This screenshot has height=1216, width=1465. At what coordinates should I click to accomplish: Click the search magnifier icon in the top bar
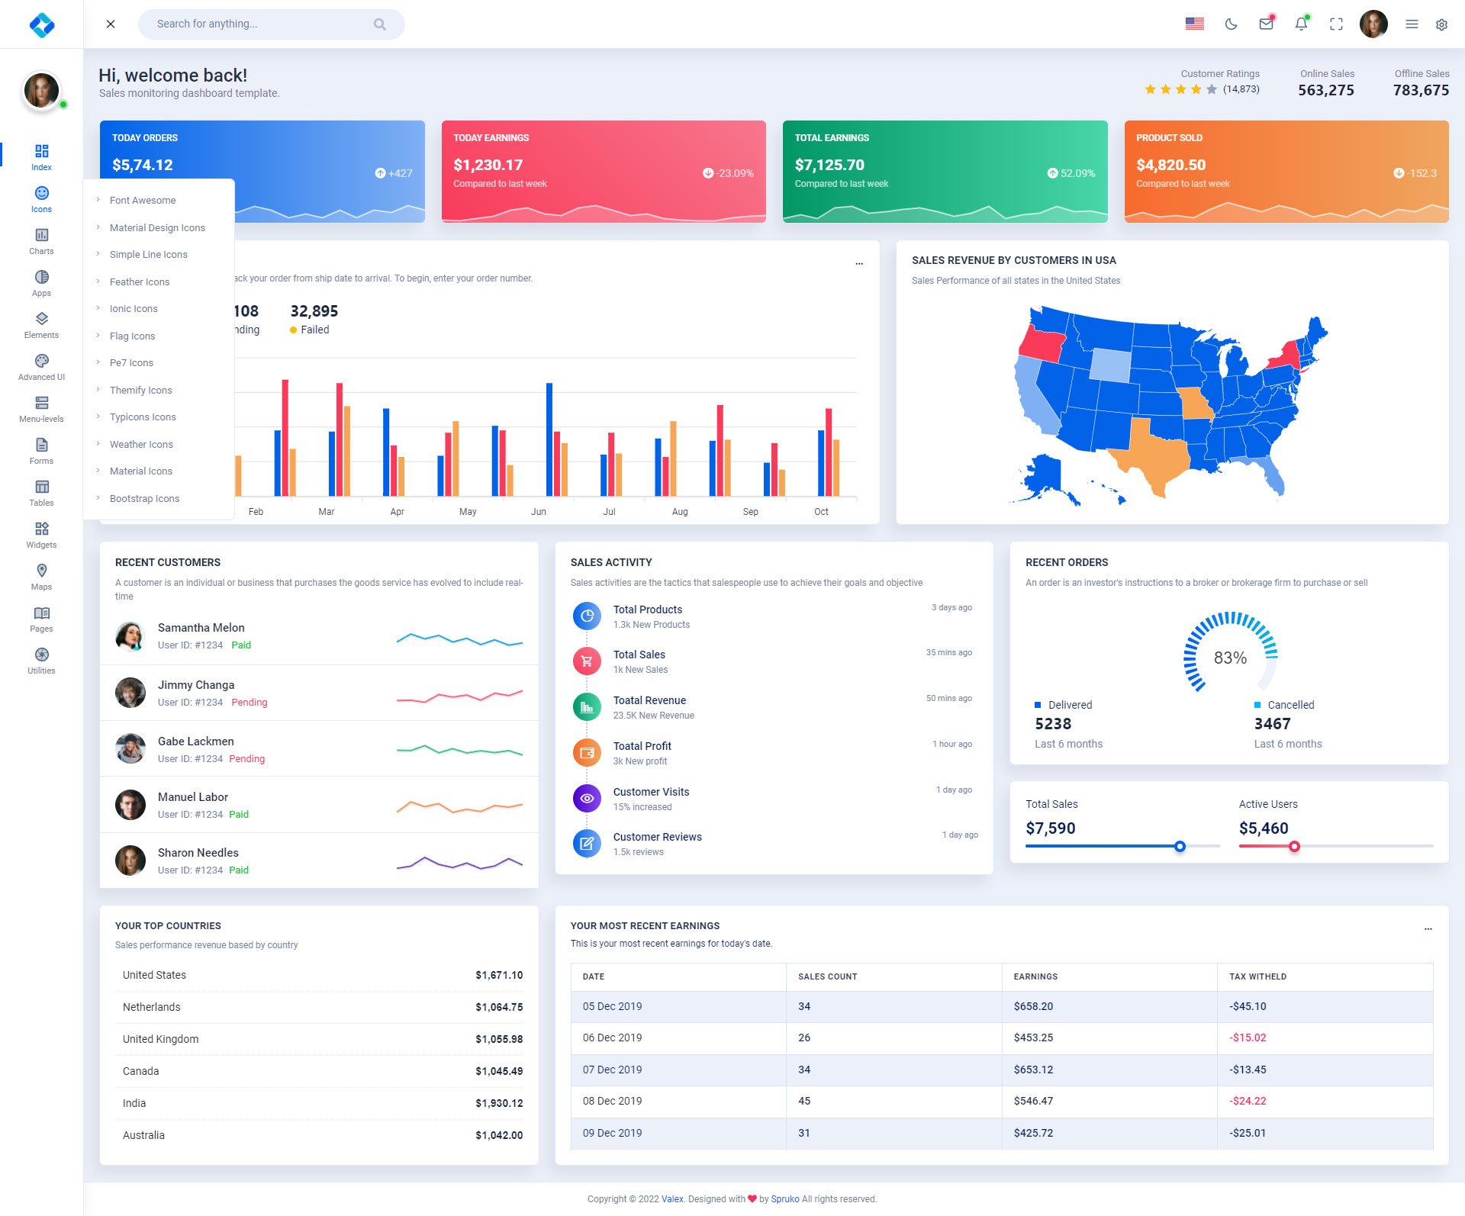pos(379,24)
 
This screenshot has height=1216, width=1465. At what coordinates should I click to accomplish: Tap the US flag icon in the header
pos(1194,24)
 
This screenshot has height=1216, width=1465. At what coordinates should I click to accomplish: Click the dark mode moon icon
pos(1231,24)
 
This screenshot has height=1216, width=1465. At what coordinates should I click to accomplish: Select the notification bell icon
pos(1301,24)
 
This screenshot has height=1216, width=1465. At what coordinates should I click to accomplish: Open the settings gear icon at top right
pos(1441,24)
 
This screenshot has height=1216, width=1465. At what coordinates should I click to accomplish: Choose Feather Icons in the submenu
pos(140,282)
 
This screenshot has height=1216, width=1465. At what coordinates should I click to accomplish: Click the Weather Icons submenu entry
pos(141,445)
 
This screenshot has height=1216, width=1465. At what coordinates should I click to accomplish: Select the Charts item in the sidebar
pos(41,241)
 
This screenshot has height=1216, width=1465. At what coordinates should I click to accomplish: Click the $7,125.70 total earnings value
pos(829,165)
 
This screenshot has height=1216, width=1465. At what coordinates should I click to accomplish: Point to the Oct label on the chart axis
pos(821,512)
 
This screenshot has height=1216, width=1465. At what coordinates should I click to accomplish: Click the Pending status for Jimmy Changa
pos(250,703)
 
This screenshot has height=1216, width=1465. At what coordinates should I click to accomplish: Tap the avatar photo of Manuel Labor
pos(130,805)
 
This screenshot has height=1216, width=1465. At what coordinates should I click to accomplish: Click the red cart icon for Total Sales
pos(587,661)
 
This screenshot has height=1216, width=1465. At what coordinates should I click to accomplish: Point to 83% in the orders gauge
pos(1230,658)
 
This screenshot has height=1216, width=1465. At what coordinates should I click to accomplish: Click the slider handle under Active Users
pos(1294,846)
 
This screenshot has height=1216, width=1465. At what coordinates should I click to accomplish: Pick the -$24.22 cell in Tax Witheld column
pos(1248,1101)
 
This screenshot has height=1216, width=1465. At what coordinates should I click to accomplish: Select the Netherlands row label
pos(152,1007)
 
